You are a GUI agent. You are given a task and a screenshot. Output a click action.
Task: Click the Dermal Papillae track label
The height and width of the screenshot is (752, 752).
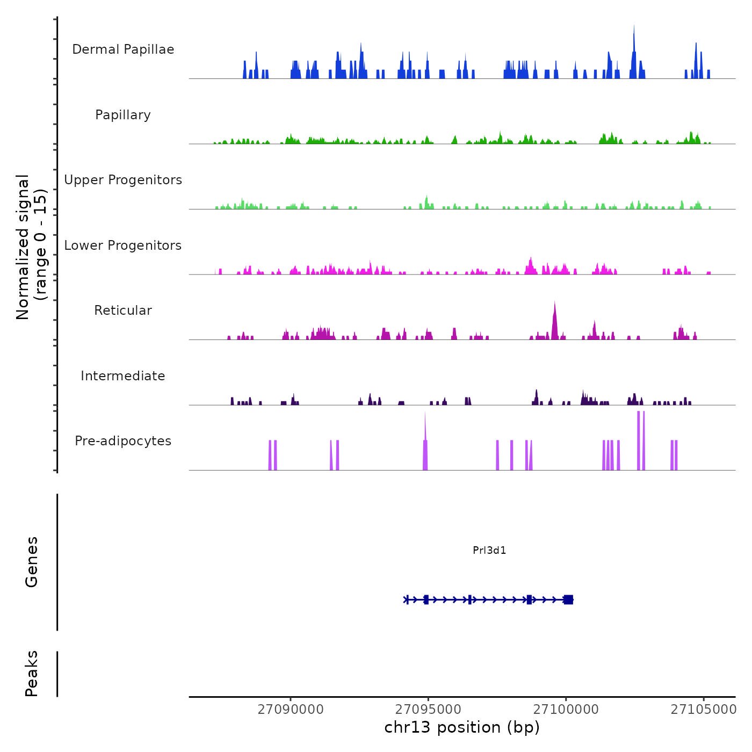coord(123,49)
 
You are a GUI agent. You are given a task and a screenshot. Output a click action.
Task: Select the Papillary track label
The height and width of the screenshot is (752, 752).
coord(123,115)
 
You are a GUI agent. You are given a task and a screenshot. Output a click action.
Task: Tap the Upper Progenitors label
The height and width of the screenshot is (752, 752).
coord(123,180)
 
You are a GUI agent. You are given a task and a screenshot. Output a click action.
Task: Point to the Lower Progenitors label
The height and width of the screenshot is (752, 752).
coord(123,245)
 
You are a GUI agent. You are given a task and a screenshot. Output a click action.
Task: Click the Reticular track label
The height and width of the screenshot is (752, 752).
coord(123,310)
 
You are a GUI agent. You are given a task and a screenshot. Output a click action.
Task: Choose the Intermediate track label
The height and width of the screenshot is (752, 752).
coord(123,376)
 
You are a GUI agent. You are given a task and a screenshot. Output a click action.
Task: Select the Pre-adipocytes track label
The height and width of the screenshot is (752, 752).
coord(123,441)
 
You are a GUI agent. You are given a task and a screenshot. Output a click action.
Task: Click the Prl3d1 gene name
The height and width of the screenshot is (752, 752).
coord(489,550)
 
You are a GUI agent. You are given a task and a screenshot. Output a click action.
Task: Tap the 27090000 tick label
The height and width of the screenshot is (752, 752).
coord(291,709)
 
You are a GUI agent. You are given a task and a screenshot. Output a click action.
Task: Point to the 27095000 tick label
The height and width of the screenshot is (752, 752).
coord(428,709)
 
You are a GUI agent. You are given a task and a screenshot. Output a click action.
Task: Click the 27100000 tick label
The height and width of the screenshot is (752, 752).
coord(566,709)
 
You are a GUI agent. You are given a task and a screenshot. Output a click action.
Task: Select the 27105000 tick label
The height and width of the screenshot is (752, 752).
coord(703,709)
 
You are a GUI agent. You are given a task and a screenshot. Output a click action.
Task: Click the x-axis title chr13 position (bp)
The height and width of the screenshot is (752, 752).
coord(462,727)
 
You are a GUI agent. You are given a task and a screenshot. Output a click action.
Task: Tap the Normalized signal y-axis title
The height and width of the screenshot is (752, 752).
coord(31,247)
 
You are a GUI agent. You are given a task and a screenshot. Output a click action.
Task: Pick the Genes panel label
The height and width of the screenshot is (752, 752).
coord(32,562)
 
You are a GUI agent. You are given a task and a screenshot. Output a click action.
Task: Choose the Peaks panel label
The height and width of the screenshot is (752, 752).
coord(32,674)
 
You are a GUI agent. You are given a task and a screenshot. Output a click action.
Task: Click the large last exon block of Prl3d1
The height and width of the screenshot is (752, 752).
coord(568,599)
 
